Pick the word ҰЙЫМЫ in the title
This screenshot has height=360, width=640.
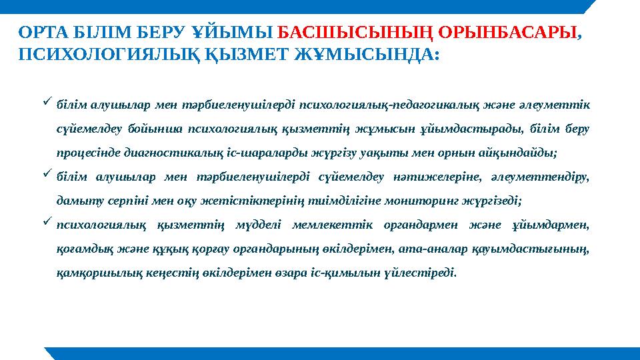click(233, 32)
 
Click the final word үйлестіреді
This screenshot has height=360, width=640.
click(423, 273)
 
